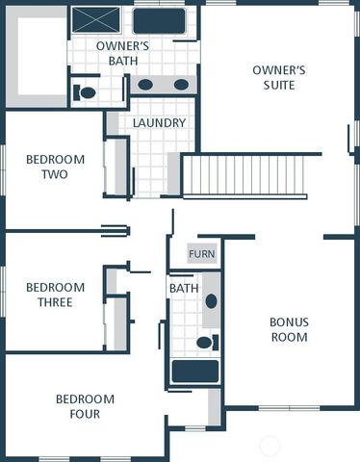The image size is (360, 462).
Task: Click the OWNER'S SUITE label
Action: click(x=278, y=77)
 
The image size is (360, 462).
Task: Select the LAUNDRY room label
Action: click(x=159, y=123)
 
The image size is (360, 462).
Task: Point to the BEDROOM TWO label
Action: click(x=55, y=167)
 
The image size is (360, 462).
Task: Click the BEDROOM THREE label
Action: click(x=55, y=295)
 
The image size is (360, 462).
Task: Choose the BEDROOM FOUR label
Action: click(x=85, y=406)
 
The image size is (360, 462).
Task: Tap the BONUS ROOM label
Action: click(x=289, y=329)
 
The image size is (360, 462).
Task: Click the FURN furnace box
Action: click(x=202, y=254)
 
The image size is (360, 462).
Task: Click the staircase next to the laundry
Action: click(x=244, y=175)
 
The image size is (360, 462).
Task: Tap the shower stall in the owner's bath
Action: click(x=96, y=19)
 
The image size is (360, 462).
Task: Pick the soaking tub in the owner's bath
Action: click(x=159, y=20)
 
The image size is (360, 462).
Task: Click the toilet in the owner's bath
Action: click(x=86, y=93)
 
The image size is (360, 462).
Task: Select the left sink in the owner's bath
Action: click(x=145, y=85)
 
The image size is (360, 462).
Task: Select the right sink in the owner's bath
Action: click(x=181, y=85)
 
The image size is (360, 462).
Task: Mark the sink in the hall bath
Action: click(x=211, y=301)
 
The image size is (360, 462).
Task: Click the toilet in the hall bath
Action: click(x=205, y=342)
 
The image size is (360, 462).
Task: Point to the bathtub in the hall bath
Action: click(x=195, y=372)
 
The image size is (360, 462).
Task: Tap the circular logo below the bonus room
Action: click(x=271, y=445)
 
